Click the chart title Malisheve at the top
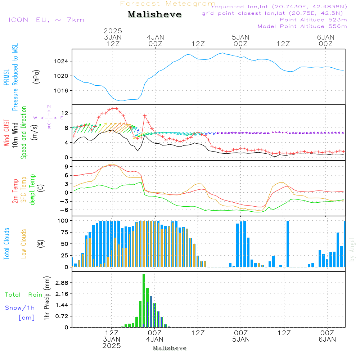click(154, 14)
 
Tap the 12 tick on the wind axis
click(66, 113)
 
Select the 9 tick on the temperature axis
click(67, 166)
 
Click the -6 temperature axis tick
click(65, 210)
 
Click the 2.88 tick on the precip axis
click(62, 283)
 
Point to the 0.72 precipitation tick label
click(62, 316)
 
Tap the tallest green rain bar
click(144, 301)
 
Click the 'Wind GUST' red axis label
click(6, 133)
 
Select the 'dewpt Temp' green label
click(32, 190)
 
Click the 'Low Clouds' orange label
click(24, 243)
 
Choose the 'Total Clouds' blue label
click(6, 243)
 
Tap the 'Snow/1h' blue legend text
click(20, 308)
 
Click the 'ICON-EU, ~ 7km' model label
click(46, 20)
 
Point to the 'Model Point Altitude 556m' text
click(302, 26)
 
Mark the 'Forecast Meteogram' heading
click(168, 4)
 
